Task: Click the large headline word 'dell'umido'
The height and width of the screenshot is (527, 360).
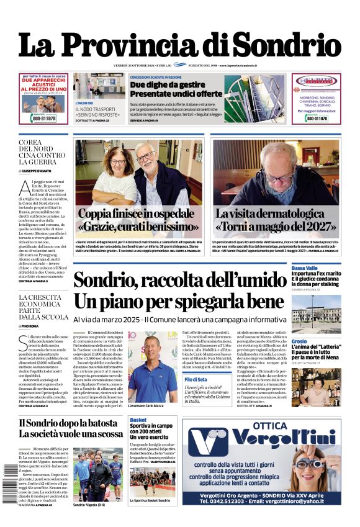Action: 236,280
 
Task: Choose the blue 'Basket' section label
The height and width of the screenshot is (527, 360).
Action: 138,420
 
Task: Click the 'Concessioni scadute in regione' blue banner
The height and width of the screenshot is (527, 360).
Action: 155,77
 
